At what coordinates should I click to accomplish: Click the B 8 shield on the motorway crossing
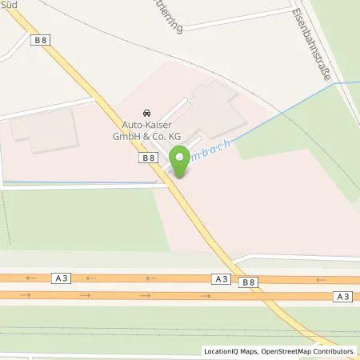[249, 282]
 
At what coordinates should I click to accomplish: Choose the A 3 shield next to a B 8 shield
[222, 278]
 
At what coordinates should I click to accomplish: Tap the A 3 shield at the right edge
[342, 297]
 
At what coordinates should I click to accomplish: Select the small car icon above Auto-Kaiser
[146, 114]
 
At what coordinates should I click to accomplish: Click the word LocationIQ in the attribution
[220, 351]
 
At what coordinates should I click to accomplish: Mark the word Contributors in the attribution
[333, 351]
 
